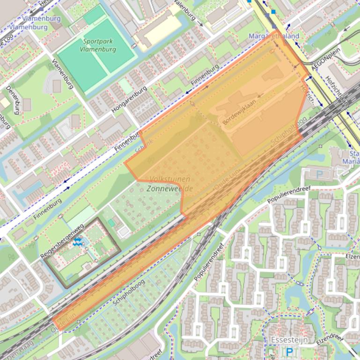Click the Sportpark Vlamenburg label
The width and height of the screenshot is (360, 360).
point(97,45)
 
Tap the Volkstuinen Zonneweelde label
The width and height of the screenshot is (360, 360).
point(169,184)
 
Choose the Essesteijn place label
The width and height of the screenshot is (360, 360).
point(289,339)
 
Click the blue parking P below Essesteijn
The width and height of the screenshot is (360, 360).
point(289,351)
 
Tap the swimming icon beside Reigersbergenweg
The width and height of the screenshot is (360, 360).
point(78,242)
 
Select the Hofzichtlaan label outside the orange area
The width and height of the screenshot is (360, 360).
point(334,89)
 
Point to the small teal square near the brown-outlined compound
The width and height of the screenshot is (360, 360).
point(111,223)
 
